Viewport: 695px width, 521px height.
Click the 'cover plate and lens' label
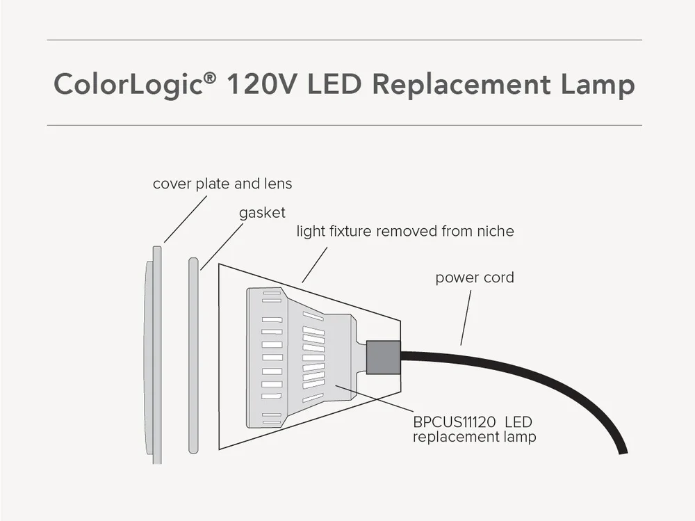coord(222,184)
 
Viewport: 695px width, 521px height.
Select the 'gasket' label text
coord(262,213)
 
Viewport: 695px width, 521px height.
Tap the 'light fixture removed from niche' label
coord(405,231)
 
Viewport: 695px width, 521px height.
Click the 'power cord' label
coord(475,278)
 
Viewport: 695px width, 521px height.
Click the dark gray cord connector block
coord(383,357)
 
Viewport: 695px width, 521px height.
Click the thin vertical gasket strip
coord(193,355)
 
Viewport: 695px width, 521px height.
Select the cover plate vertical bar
coord(157,355)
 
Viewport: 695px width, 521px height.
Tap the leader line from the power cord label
coord(466,316)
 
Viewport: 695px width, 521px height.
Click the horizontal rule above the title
coord(344,40)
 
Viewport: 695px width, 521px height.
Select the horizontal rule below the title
coord(344,125)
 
